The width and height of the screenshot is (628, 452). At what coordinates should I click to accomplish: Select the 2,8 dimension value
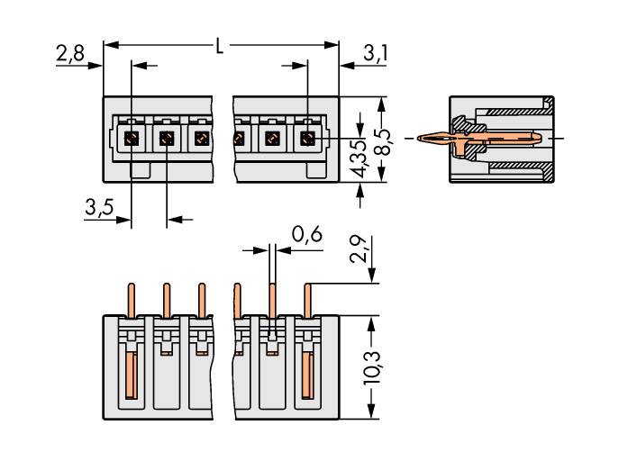click(x=69, y=54)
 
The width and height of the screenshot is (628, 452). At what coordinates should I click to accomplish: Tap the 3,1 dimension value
click(x=376, y=54)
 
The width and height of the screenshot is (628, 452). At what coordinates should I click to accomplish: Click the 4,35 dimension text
click(x=359, y=158)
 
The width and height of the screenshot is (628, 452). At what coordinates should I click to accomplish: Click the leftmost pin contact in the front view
click(x=131, y=139)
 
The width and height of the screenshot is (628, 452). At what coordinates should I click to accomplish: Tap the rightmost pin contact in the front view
click(x=307, y=139)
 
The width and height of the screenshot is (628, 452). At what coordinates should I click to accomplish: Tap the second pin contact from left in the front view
click(x=166, y=139)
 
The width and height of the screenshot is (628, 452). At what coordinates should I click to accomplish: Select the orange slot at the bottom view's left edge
click(x=131, y=378)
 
